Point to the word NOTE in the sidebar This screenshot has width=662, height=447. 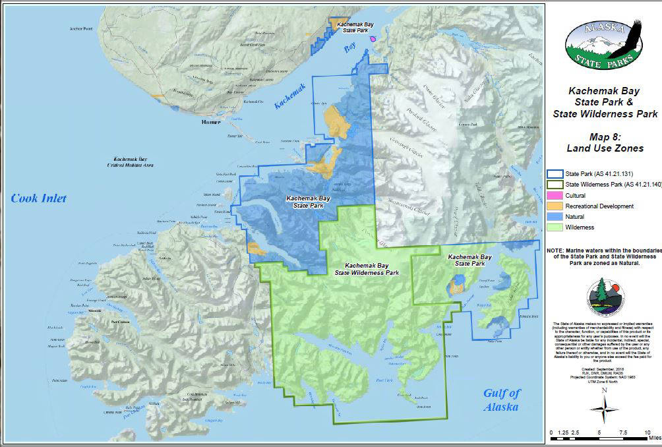tap(558, 251)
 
